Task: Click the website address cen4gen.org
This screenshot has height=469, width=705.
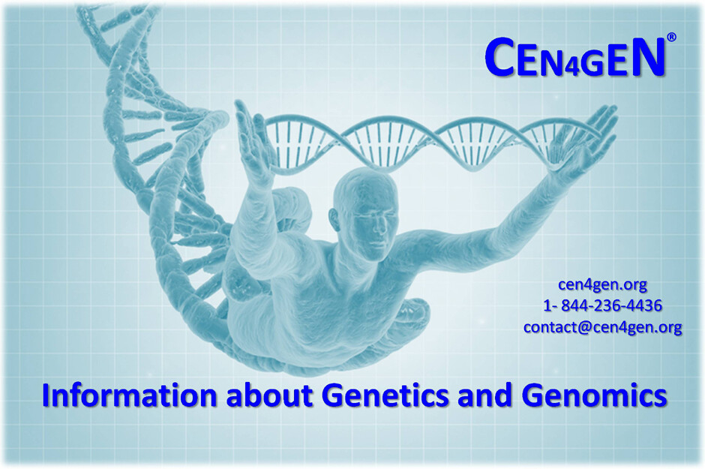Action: click(602, 284)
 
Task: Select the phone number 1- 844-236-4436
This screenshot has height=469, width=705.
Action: click(602, 305)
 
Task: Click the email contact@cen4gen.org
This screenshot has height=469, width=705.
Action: click(602, 327)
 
